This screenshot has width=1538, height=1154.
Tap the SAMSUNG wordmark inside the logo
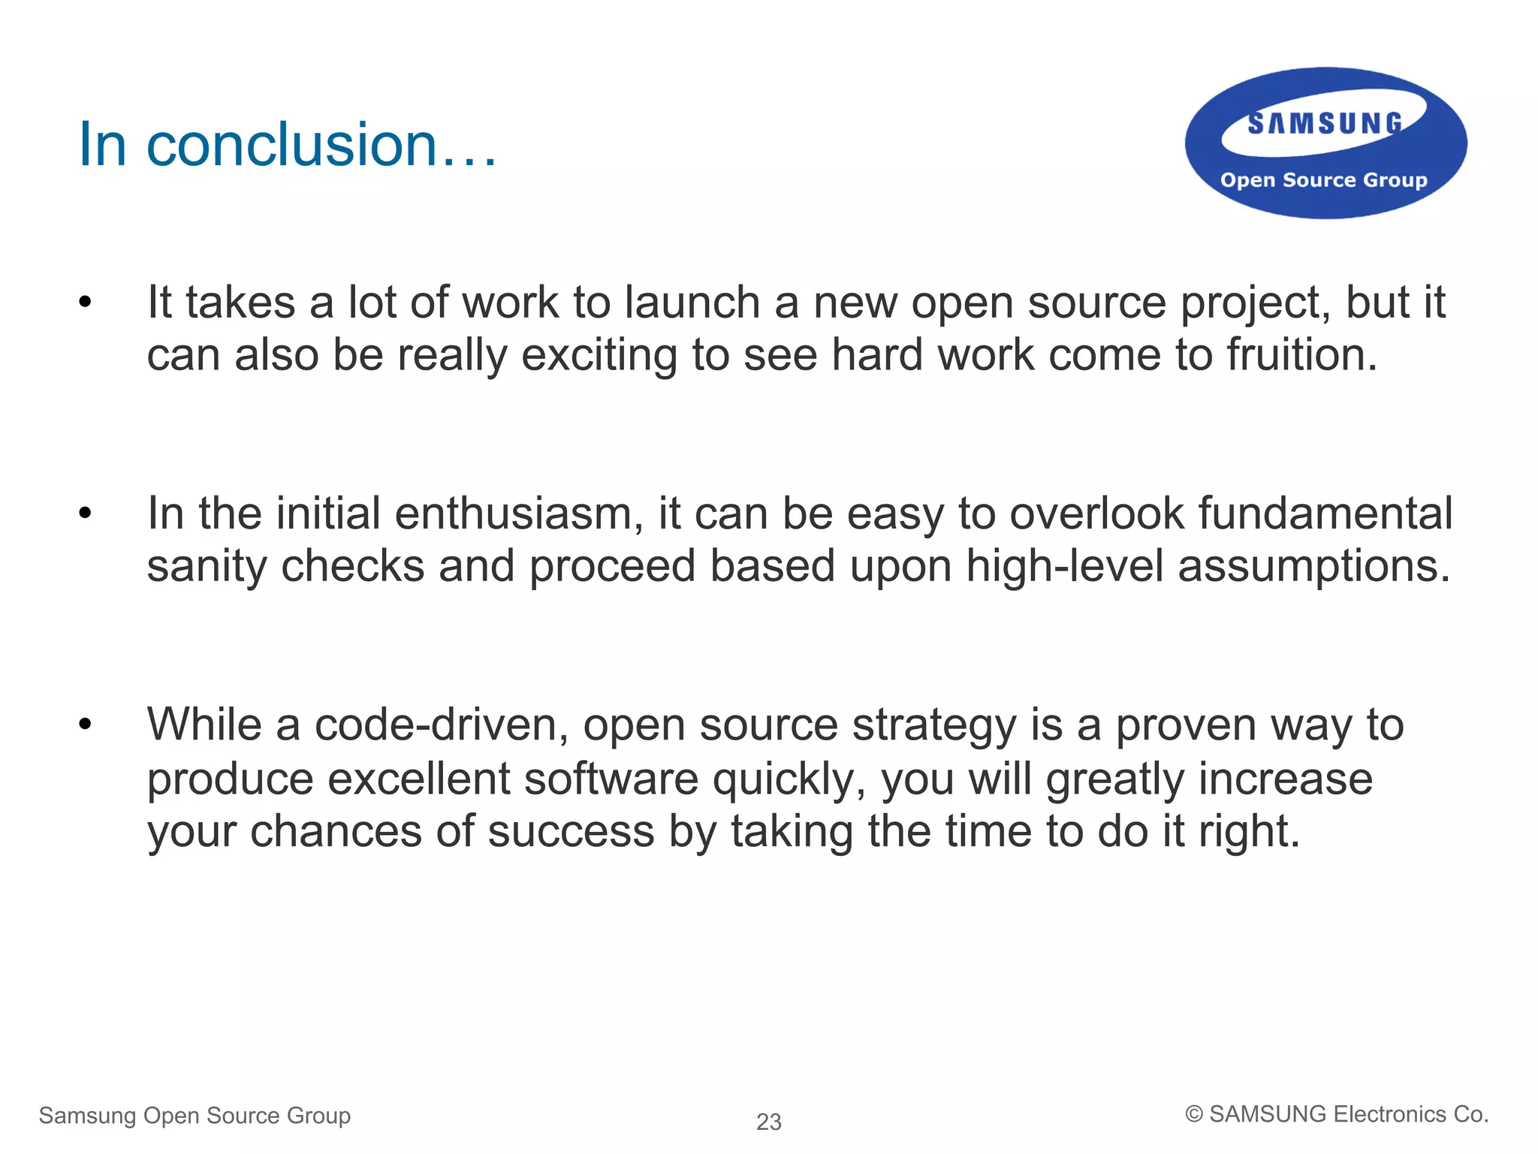point(1325,124)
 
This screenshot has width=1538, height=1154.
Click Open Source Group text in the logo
point(1323,180)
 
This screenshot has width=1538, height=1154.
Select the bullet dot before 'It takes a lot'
point(85,303)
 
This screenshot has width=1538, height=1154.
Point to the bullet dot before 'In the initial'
point(85,514)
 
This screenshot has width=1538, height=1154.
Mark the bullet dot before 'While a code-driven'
point(85,725)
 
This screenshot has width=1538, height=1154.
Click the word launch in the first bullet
point(692,303)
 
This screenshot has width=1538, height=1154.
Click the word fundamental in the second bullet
point(1325,514)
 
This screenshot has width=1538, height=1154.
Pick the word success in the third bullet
point(571,831)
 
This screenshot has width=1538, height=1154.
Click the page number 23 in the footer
point(769,1122)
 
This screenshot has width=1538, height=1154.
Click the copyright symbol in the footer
point(1193,1114)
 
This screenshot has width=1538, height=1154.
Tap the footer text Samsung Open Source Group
point(195,1116)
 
